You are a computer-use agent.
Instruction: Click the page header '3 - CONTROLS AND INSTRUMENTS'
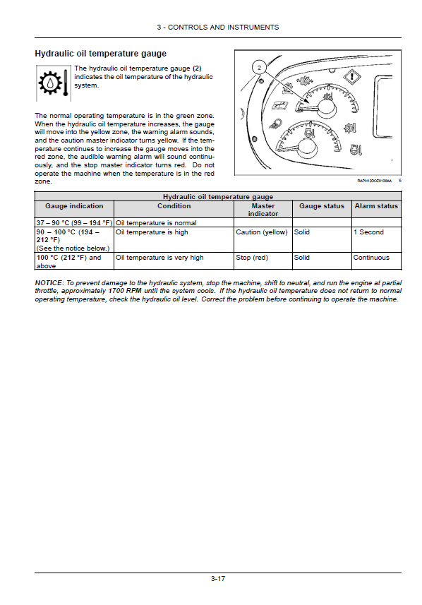(x=217, y=28)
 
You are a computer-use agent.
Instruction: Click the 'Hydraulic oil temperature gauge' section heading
(x=101, y=54)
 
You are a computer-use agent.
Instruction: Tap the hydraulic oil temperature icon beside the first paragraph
(x=54, y=83)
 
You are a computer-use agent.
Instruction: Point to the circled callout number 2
(x=259, y=68)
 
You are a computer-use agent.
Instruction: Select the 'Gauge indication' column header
(x=74, y=206)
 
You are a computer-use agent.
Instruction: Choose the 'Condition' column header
(x=174, y=206)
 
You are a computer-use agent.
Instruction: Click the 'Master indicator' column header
(x=263, y=210)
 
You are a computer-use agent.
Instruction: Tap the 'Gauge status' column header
(x=322, y=206)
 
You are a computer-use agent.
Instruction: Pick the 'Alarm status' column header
(x=376, y=206)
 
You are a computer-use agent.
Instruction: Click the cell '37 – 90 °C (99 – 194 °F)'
(x=74, y=223)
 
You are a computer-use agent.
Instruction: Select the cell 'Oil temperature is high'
(x=152, y=232)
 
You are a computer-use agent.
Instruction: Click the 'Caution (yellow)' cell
(x=262, y=232)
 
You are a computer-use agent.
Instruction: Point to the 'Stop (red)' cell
(x=252, y=258)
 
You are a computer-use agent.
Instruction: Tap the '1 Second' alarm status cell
(x=368, y=232)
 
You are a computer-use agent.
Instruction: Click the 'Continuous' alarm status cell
(x=371, y=258)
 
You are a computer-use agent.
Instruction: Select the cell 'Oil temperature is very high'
(x=159, y=258)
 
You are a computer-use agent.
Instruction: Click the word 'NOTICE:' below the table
(x=49, y=283)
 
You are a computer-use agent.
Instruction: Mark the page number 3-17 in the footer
(x=218, y=579)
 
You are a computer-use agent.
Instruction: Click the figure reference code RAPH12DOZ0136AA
(x=375, y=181)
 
